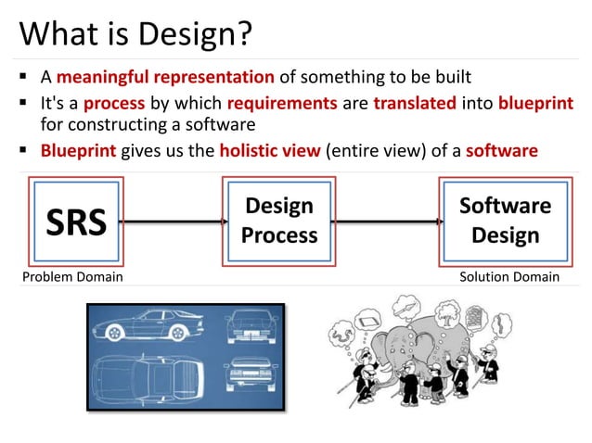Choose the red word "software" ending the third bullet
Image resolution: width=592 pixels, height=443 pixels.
tap(501, 150)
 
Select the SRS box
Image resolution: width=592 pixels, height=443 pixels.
tap(77, 221)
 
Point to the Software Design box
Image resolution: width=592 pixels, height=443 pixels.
tap(505, 220)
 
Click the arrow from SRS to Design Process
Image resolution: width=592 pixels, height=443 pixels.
tap(174, 221)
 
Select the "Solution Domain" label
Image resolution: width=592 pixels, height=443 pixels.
tap(509, 276)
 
